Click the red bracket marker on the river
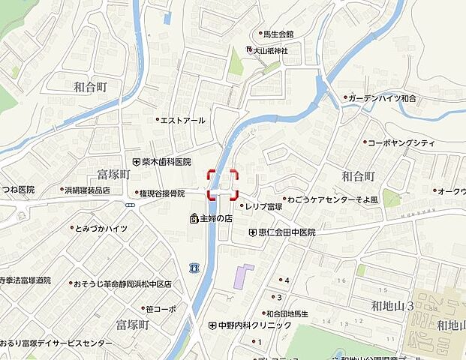pos(222,184)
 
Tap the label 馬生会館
pos(277,34)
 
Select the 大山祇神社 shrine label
pos(270,50)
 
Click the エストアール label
pos(182,119)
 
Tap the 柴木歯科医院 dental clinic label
pos(166,161)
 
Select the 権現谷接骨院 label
pos(162,193)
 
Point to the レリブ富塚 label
pos(263,205)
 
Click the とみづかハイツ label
pos(101,228)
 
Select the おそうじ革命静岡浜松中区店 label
pos(122,284)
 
